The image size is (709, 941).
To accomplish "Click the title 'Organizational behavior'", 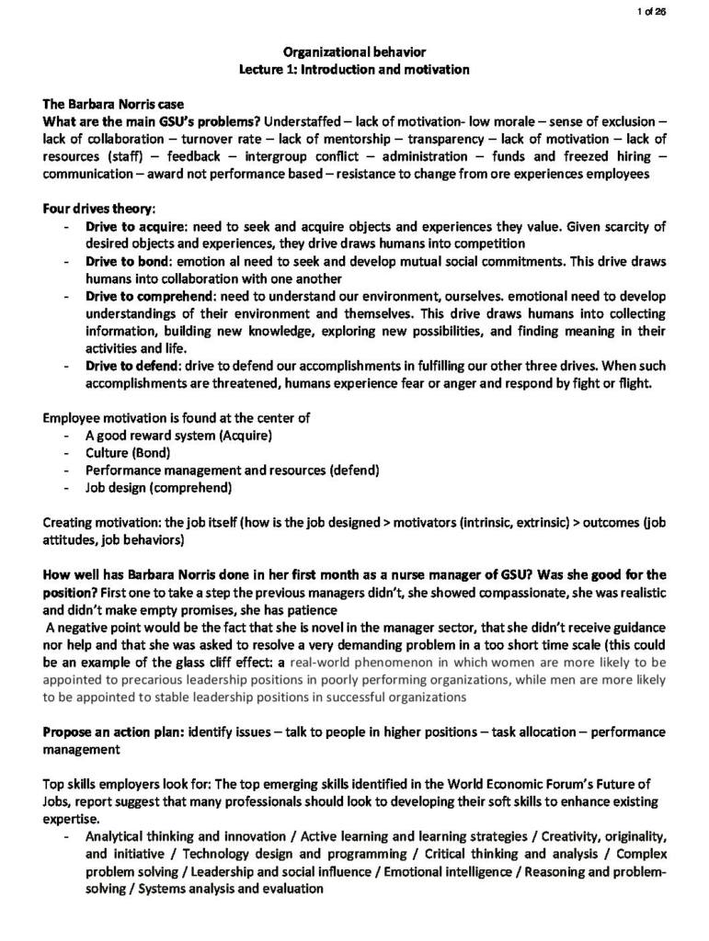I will pos(354,52).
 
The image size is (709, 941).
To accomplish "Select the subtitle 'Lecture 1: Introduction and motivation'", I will pos(354,69).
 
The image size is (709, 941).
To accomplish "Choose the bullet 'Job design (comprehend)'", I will pos(158,487).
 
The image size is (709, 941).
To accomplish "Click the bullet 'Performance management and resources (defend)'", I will pos(233,470).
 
